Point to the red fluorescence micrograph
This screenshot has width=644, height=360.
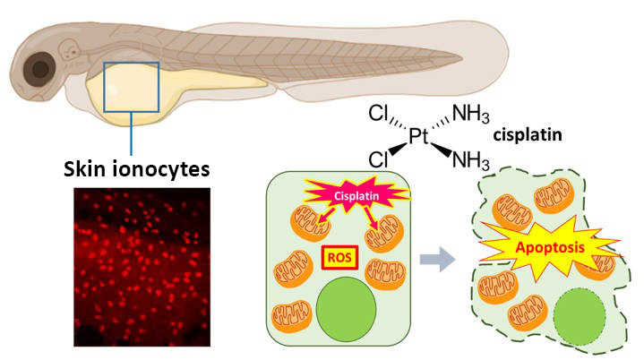141,266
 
